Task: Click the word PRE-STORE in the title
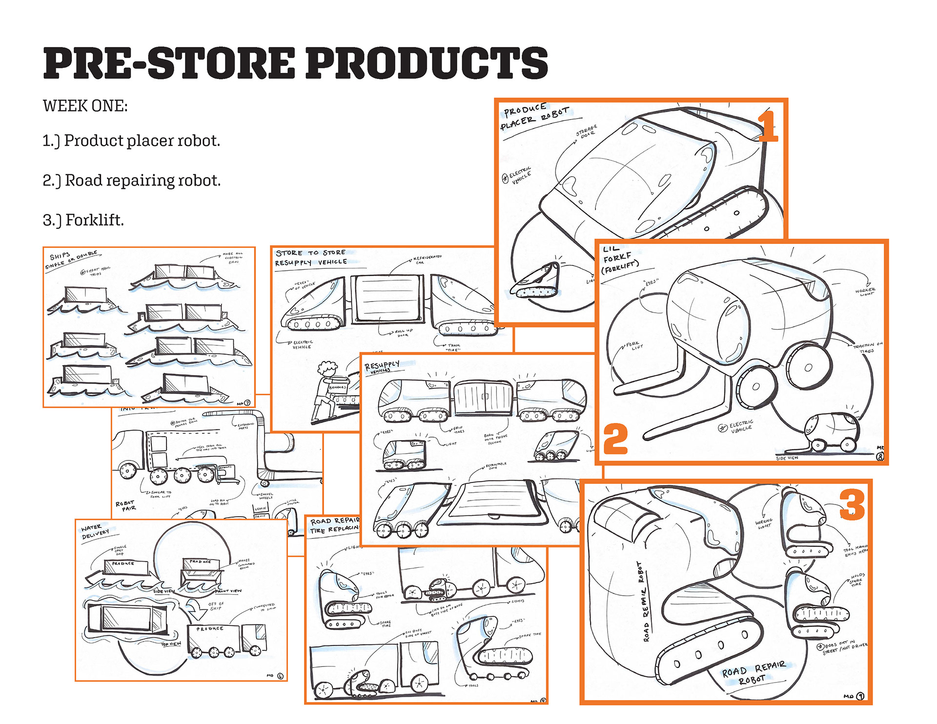[168, 63]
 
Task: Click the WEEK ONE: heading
[85, 106]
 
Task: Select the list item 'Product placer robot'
[131, 141]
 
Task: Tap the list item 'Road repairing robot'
[132, 181]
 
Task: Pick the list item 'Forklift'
[83, 220]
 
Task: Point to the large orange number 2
[615, 439]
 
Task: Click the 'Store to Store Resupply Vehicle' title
[311, 258]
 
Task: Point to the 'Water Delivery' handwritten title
[95, 531]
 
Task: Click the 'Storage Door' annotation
[587, 131]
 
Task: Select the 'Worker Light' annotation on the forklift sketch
[865, 291]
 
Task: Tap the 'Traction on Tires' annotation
[867, 348]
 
